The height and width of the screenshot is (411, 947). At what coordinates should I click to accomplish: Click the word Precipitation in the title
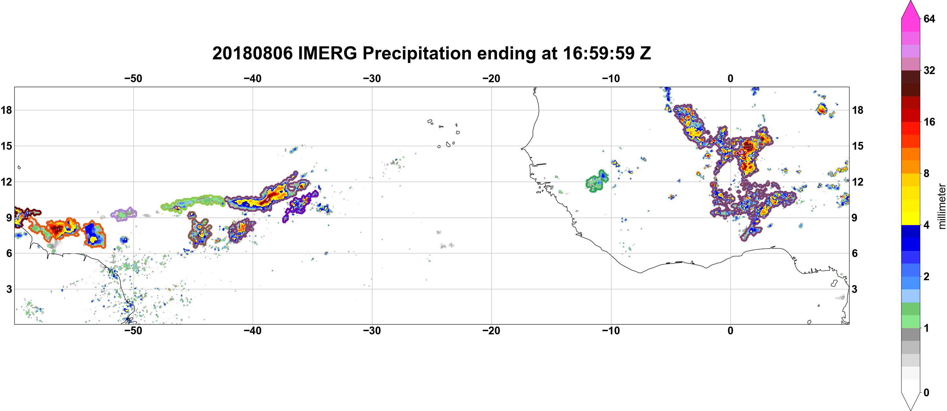click(x=417, y=54)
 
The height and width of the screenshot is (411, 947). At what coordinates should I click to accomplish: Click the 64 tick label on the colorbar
click(x=929, y=19)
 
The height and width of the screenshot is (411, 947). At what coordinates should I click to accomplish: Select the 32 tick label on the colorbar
click(x=929, y=70)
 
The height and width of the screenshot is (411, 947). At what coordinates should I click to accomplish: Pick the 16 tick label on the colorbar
click(x=929, y=122)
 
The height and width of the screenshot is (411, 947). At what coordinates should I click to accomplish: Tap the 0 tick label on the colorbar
click(x=926, y=393)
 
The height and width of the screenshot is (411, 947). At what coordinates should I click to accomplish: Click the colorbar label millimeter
click(x=941, y=206)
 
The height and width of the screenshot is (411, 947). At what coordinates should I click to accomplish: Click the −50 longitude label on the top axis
click(x=133, y=79)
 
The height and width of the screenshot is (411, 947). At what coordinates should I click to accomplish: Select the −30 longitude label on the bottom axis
click(x=372, y=331)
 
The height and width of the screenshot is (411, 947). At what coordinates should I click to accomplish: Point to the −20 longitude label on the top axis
click(x=491, y=79)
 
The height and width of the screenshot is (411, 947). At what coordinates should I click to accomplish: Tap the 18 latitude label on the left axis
click(x=6, y=110)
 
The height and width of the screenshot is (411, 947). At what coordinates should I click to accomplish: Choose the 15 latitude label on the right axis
click(x=858, y=146)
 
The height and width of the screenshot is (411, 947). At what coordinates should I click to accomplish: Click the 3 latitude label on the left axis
click(x=9, y=289)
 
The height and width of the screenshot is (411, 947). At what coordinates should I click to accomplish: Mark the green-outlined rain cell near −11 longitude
click(x=596, y=181)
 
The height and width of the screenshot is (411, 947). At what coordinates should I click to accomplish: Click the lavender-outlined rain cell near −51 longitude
click(x=124, y=214)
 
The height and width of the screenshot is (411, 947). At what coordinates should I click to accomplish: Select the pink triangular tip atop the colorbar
click(x=910, y=9)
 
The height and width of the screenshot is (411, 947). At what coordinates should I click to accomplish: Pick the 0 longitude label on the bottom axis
click(x=730, y=331)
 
